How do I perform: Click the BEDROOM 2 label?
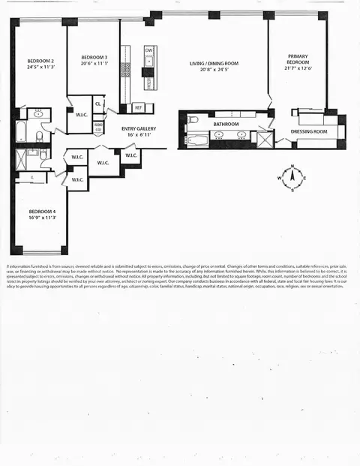pos(40,62)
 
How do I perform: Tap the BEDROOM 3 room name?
pos(94,58)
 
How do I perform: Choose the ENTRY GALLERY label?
pos(139,129)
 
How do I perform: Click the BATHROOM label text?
pos(226,124)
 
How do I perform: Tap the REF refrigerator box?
pos(139,107)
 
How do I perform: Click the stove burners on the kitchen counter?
pos(126,69)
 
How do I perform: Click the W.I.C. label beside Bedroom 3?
pos(79,116)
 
